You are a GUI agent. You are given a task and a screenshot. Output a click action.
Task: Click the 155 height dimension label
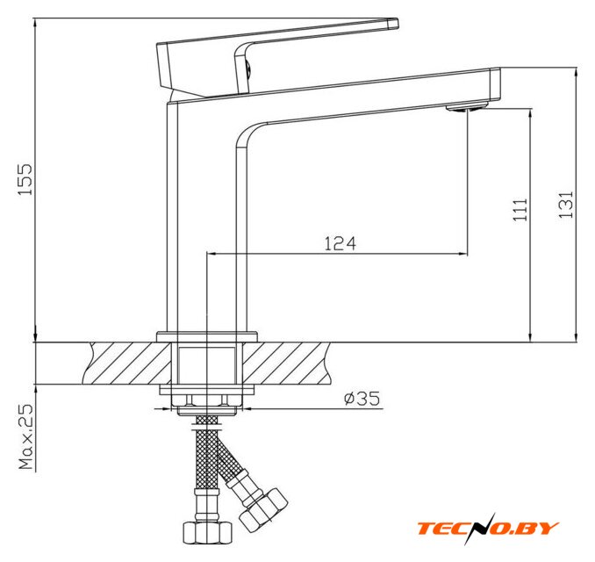coord(25,180)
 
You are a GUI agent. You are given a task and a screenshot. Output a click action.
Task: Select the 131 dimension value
coord(565,205)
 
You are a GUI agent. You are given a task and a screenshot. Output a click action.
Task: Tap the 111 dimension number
coord(520,210)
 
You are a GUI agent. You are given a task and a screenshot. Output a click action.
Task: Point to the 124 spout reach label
coord(341,243)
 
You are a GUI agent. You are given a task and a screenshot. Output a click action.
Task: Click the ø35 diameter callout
coord(362,399)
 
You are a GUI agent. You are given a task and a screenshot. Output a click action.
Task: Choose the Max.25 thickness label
coord(26,436)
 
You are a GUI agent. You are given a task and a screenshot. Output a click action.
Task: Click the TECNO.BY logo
coord(488,529)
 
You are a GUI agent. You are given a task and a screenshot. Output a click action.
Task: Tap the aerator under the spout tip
coord(466,108)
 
